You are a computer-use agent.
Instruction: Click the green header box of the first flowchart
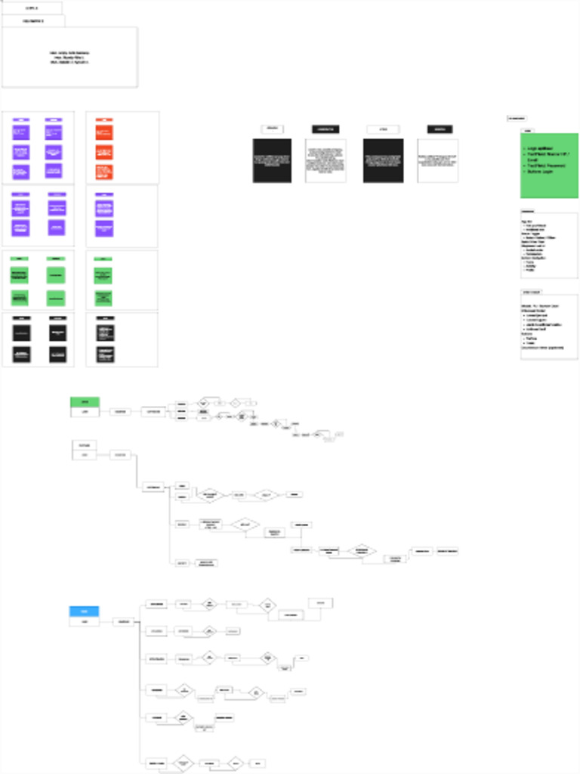[x=85, y=402]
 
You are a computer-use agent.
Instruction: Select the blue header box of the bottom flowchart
[x=85, y=611]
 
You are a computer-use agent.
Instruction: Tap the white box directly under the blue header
[x=85, y=622]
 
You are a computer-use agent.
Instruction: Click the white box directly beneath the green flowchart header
[x=85, y=413]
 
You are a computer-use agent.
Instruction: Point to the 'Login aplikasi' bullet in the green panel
[x=541, y=148]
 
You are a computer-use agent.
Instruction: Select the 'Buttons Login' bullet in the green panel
[x=541, y=172]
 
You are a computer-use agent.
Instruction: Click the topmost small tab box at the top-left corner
[x=32, y=8]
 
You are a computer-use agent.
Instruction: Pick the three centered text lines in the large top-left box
[x=69, y=57]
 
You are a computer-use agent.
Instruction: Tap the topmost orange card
[x=104, y=132]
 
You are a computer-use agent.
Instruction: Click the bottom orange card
[x=104, y=172]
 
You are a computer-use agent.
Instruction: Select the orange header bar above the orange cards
[x=104, y=119]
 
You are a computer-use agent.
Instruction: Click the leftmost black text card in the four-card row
[x=272, y=160]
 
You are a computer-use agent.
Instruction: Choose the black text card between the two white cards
[x=383, y=160]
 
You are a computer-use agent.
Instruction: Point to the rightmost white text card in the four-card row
[x=438, y=160]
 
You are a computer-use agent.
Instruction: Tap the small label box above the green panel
[x=517, y=119]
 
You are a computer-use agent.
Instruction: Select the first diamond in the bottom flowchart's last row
[x=183, y=763]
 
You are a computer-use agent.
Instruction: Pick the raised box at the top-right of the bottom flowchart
[x=320, y=603]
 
